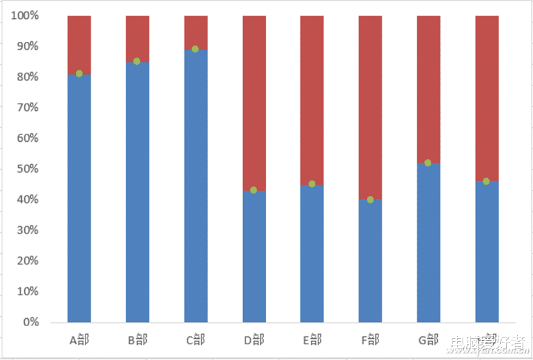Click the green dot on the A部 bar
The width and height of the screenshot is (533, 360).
pyautogui.click(x=79, y=74)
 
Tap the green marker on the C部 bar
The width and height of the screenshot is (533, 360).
pyautogui.click(x=195, y=49)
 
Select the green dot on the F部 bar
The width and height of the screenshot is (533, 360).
pyautogui.click(x=370, y=199)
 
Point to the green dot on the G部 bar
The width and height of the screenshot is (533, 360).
pyautogui.click(x=428, y=163)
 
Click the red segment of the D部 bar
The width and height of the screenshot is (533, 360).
pyautogui.click(x=254, y=103)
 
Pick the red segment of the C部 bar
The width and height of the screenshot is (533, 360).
pyautogui.click(x=196, y=32)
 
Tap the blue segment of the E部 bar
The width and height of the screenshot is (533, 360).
pyautogui.click(x=312, y=255)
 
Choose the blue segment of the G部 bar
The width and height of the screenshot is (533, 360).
pyautogui.click(x=429, y=242)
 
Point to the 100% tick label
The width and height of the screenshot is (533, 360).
pyautogui.click(x=25, y=16)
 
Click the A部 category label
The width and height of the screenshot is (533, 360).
pyautogui.click(x=79, y=340)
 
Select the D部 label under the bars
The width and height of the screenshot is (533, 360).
pyautogui.click(x=254, y=340)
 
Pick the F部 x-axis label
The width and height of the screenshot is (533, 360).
pyautogui.click(x=370, y=340)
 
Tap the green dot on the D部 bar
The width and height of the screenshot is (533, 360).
pyautogui.click(x=253, y=190)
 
